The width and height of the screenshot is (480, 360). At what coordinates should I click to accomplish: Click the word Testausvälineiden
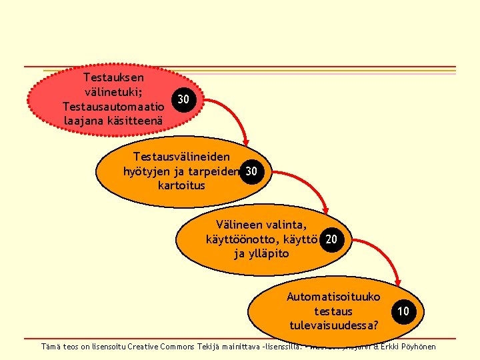point(182,157)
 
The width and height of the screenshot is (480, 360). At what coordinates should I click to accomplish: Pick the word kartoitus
point(181,185)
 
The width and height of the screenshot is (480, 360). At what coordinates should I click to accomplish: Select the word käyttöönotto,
point(246,239)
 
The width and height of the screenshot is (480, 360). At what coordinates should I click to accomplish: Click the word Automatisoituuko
point(333,297)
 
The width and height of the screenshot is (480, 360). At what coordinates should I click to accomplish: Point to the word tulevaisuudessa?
point(334,325)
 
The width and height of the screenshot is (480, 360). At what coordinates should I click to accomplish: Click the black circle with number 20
point(331,239)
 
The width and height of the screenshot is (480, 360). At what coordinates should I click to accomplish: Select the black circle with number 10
point(403,311)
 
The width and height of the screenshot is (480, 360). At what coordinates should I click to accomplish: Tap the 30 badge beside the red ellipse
point(183,100)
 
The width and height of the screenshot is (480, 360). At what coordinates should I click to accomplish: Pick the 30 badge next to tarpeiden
point(251,171)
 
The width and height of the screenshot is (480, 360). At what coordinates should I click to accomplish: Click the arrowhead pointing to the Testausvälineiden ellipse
point(245,142)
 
